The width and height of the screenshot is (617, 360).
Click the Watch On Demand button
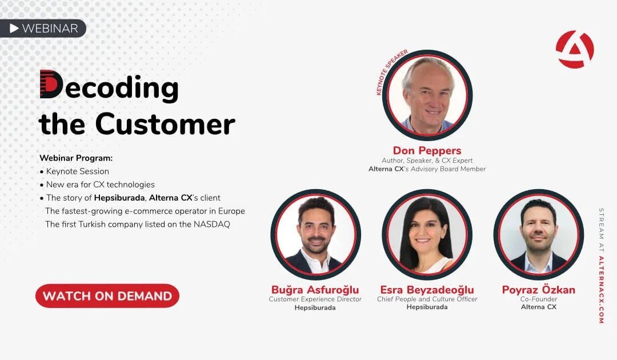(107, 296)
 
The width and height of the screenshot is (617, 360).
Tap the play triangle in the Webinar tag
(14, 29)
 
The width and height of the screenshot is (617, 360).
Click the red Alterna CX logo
(575, 49)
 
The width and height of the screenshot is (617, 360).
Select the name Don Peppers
(427, 150)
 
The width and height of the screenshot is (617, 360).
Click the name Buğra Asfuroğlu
(315, 290)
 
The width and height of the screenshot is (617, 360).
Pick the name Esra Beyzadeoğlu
(427, 290)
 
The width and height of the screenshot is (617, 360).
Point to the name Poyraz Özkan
(538, 290)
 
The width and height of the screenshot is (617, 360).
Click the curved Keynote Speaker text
(390, 70)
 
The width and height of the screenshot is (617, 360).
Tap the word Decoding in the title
(109, 86)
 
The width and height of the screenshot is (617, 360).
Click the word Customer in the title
(165, 124)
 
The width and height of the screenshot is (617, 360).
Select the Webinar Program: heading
(76, 158)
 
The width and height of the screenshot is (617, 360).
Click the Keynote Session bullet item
(74, 171)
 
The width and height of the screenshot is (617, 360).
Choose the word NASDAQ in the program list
(212, 224)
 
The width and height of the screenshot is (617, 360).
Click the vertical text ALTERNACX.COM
(601, 290)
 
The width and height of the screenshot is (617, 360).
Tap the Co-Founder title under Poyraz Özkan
(539, 299)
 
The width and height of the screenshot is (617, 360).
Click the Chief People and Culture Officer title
(427, 299)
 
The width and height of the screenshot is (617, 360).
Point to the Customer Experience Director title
(315, 299)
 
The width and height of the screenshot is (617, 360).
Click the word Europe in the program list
(231, 211)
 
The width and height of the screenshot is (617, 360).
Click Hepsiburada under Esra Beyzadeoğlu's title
(427, 307)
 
